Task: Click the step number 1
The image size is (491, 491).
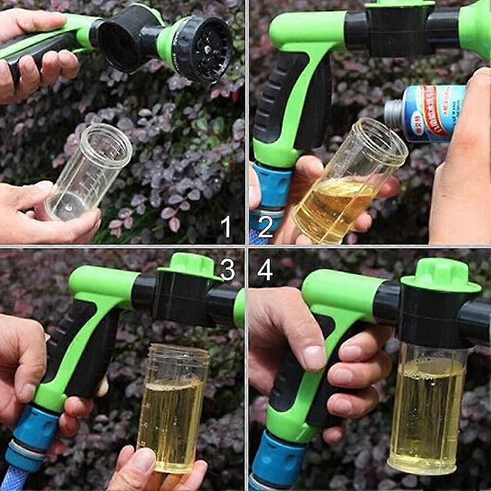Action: (x=226, y=227)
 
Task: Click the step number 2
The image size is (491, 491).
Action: (x=265, y=227)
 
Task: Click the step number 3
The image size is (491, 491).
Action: (x=227, y=269)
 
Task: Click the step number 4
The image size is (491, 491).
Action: (x=265, y=269)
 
